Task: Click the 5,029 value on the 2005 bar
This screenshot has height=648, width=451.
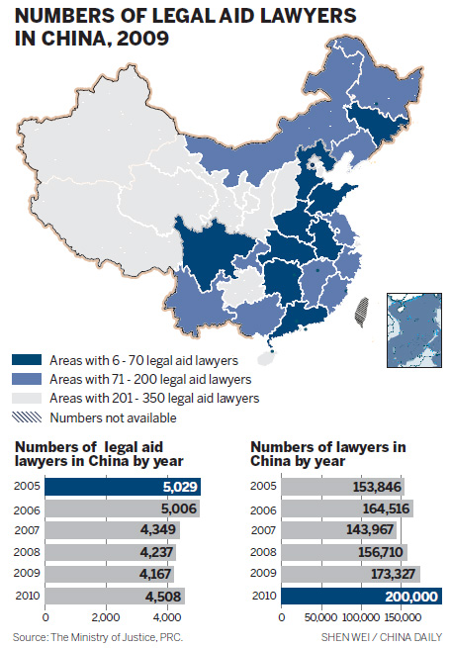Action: point(177,487)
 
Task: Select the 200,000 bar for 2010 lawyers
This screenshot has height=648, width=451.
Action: point(360,596)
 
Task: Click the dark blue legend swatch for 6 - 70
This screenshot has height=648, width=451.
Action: point(27,361)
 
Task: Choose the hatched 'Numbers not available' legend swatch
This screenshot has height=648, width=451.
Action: point(27,417)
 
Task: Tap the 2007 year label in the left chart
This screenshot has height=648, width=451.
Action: point(28,530)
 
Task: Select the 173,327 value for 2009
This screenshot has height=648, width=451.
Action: point(386,574)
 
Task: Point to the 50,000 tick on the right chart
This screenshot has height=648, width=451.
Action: point(320,617)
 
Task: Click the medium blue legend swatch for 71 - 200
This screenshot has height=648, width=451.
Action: point(27,379)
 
